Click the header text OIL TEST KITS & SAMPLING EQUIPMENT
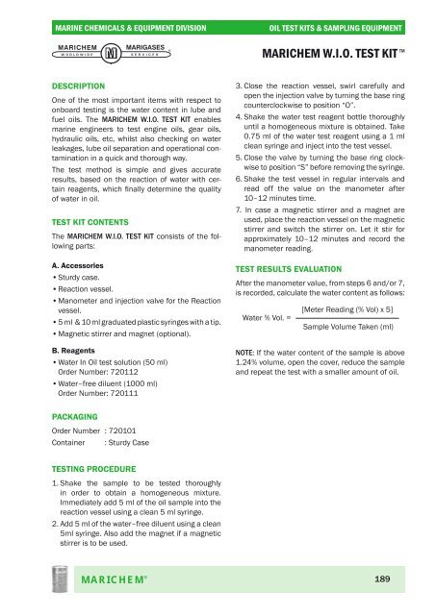(348, 11)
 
